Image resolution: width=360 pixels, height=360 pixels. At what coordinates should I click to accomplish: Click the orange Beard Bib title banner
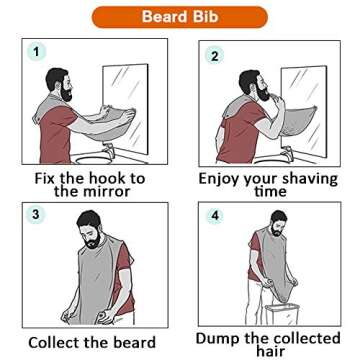click(x=179, y=17)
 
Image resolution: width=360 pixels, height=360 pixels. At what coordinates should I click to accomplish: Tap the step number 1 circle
click(x=37, y=52)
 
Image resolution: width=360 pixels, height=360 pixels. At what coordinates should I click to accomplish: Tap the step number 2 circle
click(x=214, y=56)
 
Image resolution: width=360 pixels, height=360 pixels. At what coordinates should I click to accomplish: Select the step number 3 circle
click(x=36, y=215)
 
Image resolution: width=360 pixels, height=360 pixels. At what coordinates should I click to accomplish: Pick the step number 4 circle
click(x=214, y=216)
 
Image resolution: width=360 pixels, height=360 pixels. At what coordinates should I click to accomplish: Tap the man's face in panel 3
click(x=90, y=233)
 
